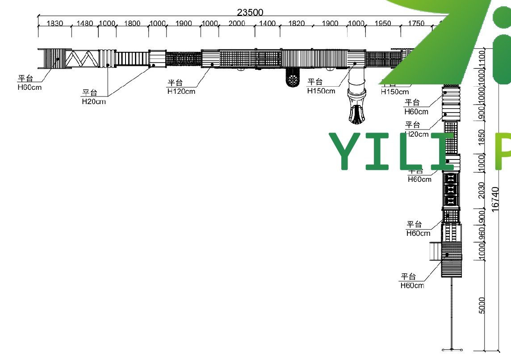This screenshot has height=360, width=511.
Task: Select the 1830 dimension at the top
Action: (54, 24)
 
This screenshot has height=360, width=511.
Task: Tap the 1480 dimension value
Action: (85, 24)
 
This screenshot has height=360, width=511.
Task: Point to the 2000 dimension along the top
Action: (237, 24)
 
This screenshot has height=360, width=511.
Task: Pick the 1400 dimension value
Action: (268, 24)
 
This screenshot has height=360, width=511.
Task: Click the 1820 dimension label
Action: (297, 24)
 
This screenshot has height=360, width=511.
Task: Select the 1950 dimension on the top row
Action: (383, 24)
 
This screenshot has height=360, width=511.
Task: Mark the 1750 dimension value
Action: (416, 24)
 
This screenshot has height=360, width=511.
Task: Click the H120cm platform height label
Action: (181, 92)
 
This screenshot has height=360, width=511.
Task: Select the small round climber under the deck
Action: (293, 80)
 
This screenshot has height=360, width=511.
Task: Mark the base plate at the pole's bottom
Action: (452, 349)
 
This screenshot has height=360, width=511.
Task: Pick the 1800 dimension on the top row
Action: (132, 24)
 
